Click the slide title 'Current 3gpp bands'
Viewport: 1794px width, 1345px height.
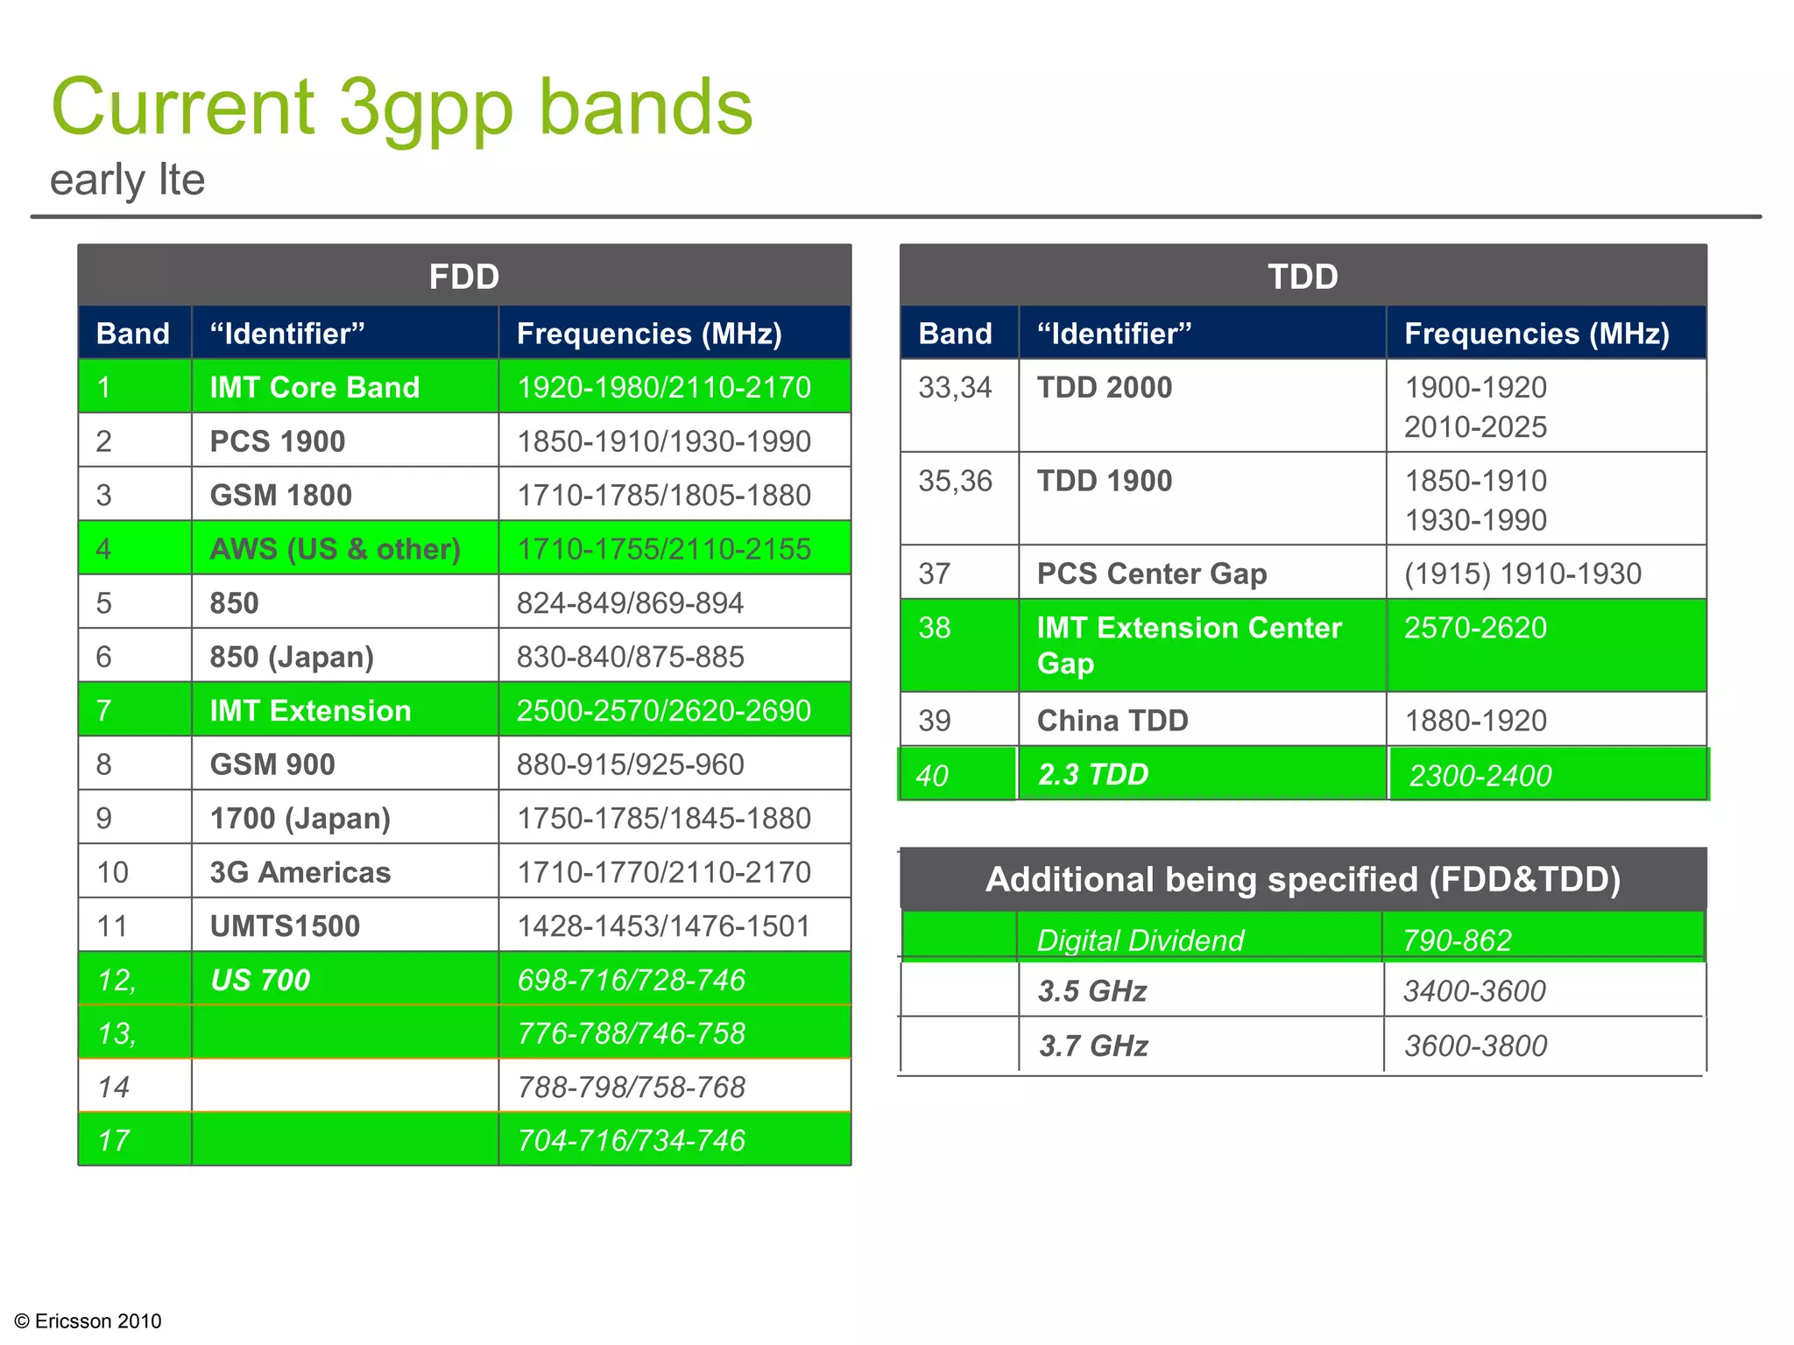[401, 108]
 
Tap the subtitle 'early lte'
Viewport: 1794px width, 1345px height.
[127, 180]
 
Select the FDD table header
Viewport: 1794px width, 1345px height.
[463, 277]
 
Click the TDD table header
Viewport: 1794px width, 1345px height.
[1303, 277]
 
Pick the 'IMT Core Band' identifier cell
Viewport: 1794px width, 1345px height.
[314, 387]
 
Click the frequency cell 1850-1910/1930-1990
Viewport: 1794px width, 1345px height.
[663, 441]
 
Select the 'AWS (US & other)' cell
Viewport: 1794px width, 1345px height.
[335, 549]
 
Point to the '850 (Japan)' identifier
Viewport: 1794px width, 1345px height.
[292, 657]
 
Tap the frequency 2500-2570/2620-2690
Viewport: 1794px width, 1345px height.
[663, 710]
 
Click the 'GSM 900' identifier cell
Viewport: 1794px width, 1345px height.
[272, 764]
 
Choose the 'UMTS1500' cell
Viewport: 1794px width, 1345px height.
[285, 926]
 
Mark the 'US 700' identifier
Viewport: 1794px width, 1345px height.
[260, 980]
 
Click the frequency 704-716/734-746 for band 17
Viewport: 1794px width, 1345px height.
[631, 1140]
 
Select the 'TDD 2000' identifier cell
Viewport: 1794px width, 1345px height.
[1104, 387]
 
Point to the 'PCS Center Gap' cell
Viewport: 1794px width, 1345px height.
[1151, 574]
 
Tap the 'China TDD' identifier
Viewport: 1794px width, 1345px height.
[1112, 721]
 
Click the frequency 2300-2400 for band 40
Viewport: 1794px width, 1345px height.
[1480, 776]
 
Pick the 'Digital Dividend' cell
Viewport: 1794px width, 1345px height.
[1140, 940]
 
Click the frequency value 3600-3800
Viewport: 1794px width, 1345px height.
[1475, 1046]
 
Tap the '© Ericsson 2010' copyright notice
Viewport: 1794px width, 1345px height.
[88, 1320]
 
